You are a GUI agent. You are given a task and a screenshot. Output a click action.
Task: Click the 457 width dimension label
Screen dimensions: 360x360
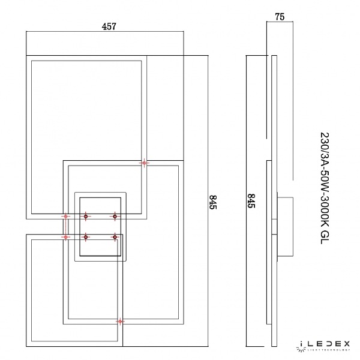click(x=107, y=26)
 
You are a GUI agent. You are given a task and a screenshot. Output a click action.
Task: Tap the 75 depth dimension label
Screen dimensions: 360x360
click(x=279, y=18)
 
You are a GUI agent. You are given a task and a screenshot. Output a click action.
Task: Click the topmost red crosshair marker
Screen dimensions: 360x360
click(x=144, y=163)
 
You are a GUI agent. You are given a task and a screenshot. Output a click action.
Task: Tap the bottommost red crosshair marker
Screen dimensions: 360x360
click(x=120, y=322)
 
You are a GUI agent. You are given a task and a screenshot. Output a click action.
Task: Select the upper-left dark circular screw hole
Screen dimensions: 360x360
click(x=86, y=216)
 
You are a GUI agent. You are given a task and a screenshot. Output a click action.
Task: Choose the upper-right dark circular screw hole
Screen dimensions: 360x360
click(x=115, y=216)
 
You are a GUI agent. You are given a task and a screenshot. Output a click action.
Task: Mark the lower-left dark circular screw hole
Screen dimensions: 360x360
click(x=86, y=238)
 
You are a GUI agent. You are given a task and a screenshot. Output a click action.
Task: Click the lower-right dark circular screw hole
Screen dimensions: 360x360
click(x=115, y=238)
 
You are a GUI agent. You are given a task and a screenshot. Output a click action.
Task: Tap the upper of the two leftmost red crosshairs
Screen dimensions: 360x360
click(x=66, y=216)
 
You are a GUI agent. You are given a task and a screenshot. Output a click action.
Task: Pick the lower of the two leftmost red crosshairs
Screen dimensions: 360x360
click(x=66, y=238)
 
